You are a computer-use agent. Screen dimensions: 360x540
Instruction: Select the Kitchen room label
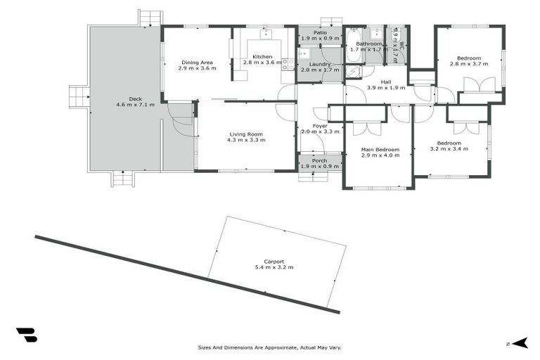click(x=262, y=57)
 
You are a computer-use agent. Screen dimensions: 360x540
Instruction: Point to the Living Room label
click(x=245, y=134)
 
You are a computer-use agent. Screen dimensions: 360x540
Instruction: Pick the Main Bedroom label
click(x=380, y=150)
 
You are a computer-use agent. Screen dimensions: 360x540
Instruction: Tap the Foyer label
click(x=319, y=126)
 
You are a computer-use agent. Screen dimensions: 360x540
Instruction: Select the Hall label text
click(x=386, y=82)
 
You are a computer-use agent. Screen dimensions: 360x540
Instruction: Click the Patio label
click(x=320, y=32)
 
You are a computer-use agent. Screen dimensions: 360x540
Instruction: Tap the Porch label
click(x=319, y=160)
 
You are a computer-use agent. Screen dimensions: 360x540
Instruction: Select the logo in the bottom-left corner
click(x=26, y=335)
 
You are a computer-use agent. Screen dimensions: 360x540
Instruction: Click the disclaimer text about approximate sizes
click(x=270, y=347)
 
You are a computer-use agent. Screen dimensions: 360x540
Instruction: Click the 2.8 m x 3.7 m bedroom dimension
click(x=468, y=64)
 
